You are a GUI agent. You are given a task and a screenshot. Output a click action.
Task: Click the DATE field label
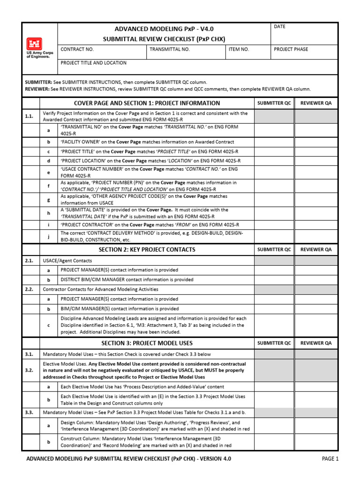click(280, 27)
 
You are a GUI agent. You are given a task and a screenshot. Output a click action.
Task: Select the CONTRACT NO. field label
click(77, 49)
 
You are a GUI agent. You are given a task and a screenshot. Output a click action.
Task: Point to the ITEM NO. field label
click(239, 49)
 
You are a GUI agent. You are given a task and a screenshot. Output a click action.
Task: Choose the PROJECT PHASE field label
click(291, 49)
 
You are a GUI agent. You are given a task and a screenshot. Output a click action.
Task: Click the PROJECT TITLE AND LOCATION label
click(93, 63)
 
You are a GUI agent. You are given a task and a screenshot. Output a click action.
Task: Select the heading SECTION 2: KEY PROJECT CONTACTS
click(147, 249)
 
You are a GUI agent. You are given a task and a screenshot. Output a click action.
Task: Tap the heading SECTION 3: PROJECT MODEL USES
click(147, 343)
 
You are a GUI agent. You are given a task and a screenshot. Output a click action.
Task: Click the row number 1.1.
click(29, 116)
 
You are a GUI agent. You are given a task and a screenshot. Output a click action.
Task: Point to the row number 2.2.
click(29, 289)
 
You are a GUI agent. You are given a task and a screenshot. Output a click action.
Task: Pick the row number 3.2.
click(29, 370)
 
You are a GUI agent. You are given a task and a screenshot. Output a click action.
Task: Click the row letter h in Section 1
click(48, 213)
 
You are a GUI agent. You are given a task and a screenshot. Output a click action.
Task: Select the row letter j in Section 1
click(48, 236)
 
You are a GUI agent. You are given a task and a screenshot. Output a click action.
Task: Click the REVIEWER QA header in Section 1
click(315, 103)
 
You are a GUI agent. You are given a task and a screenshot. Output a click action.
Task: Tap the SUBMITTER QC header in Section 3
click(274, 343)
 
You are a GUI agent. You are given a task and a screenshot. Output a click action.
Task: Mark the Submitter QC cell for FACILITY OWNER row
click(274, 142)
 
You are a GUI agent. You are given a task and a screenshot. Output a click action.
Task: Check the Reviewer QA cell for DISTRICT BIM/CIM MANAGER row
click(315, 279)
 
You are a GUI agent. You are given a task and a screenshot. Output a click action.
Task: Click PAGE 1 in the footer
click(330, 459)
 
